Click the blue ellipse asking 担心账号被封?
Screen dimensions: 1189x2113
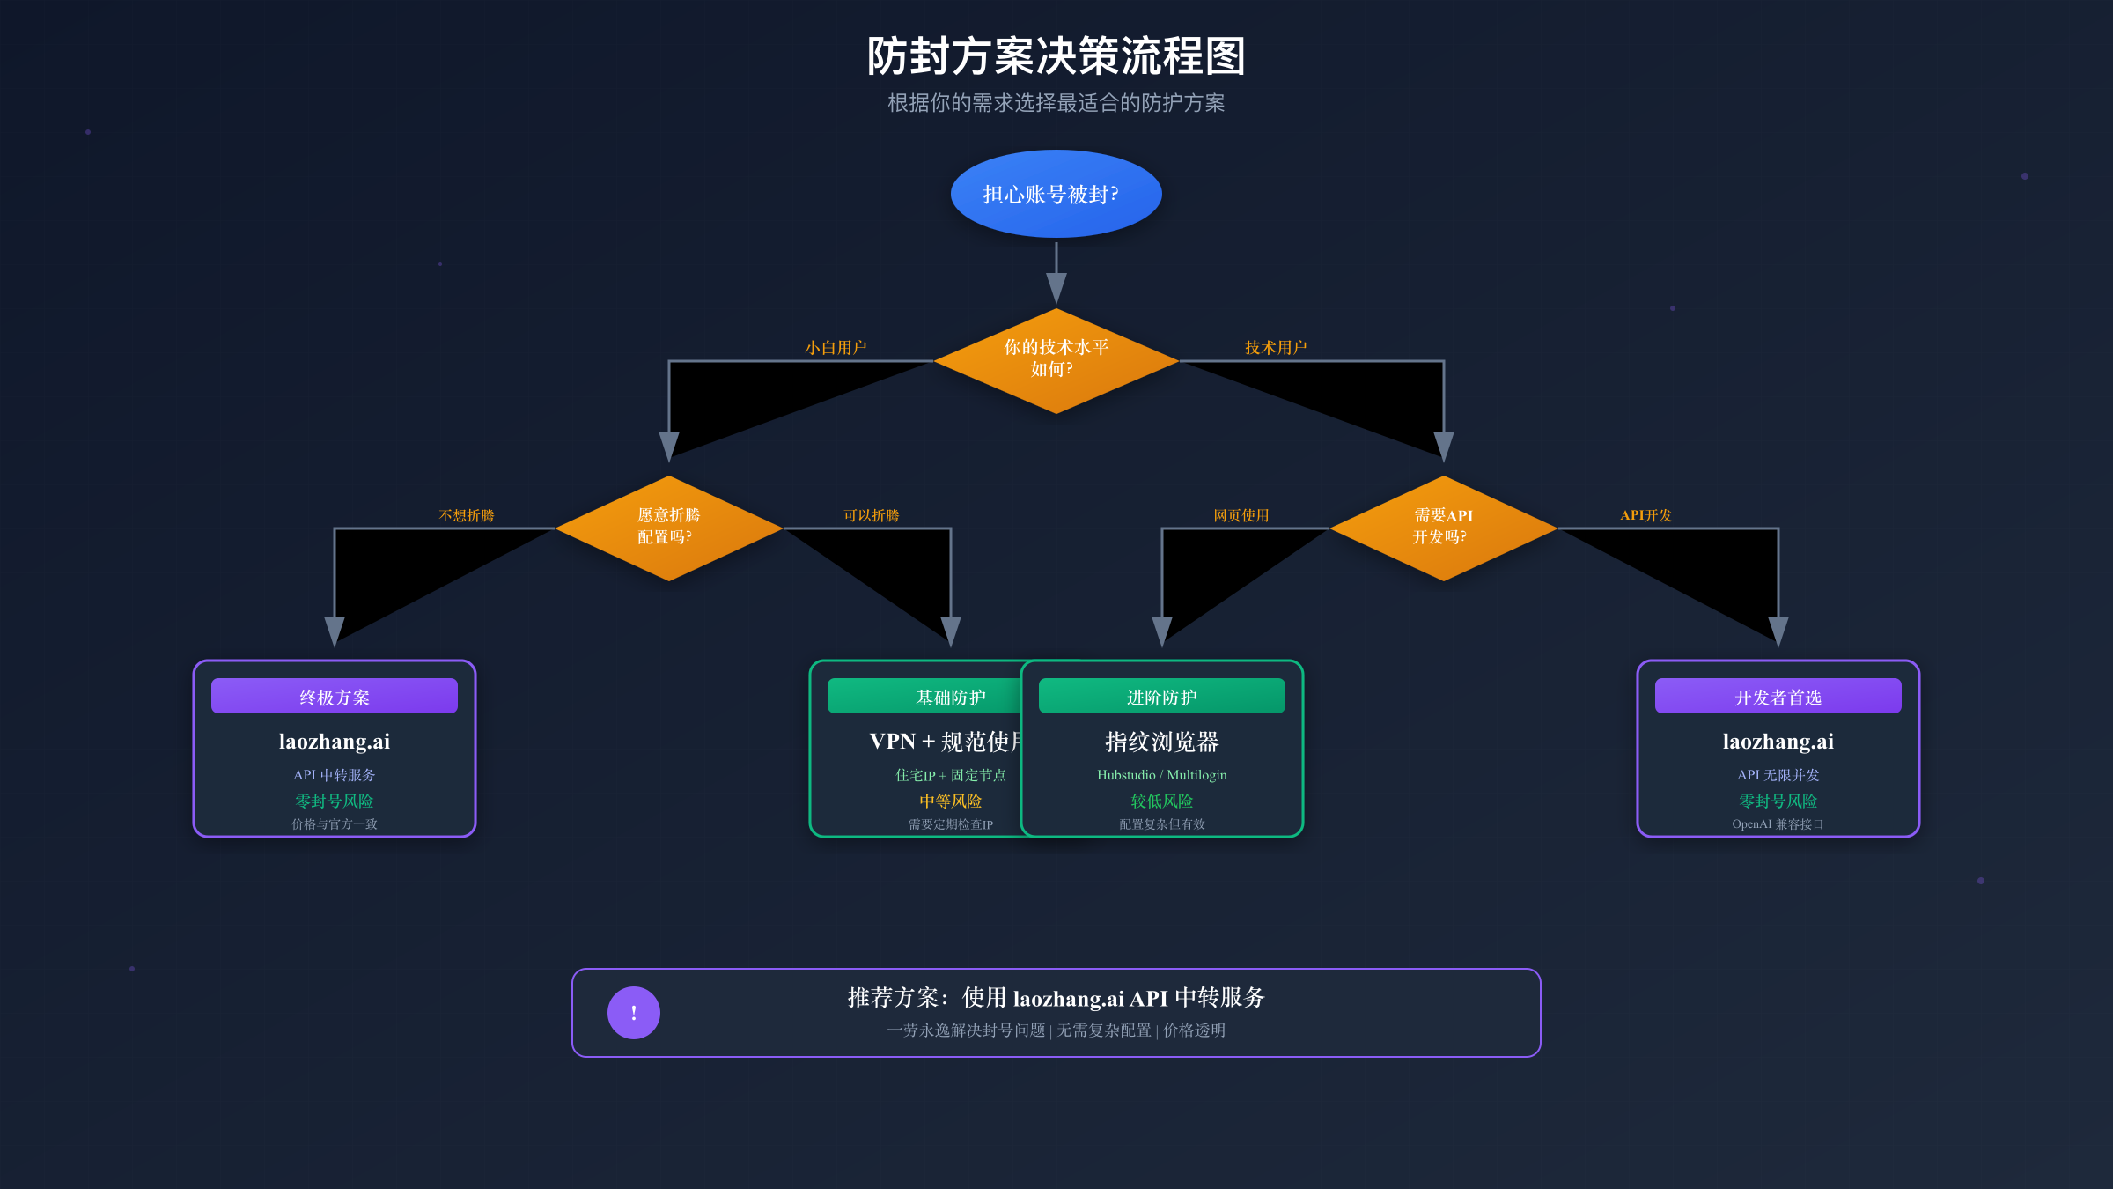coord(1056,194)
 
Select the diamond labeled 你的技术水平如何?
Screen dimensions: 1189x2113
coord(1056,360)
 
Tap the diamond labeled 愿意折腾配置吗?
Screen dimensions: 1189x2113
coord(668,528)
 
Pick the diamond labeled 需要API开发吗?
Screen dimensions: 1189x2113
coord(1443,528)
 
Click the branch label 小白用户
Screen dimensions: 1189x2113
coord(836,348)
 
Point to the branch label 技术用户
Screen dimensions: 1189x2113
coord(1276,348)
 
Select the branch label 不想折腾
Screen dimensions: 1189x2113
coord(467,515)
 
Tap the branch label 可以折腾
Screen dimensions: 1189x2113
coord(871,515)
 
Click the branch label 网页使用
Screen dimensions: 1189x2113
coord(1241,515)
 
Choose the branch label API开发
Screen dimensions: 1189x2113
coord(1645,515)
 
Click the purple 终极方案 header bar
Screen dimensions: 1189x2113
coord(335,696)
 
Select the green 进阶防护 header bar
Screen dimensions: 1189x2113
coord(1161,696)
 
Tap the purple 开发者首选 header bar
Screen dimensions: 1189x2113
coord(1778,696)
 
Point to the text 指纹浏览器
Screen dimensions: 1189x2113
coord(1161,742)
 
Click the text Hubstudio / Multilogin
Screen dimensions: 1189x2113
coord(1161,775)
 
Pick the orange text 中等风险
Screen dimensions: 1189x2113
coord(950,801)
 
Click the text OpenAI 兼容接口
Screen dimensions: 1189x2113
coord(1778,824)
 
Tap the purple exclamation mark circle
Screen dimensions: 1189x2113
coord(633,1013)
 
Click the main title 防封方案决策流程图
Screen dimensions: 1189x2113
coord(1056,56)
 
